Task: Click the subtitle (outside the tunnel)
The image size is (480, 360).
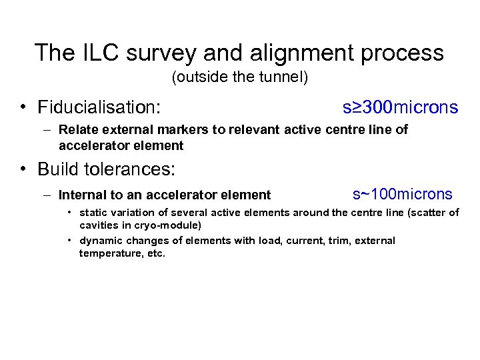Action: [240, 78]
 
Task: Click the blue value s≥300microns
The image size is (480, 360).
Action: [400, 107]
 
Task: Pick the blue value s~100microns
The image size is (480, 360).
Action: [402, 194]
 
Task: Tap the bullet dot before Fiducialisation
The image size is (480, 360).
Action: [23, 107]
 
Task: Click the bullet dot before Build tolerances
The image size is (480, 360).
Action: [23, 169]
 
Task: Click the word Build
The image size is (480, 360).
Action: [58, 169]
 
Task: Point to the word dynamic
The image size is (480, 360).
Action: [101, 241]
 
